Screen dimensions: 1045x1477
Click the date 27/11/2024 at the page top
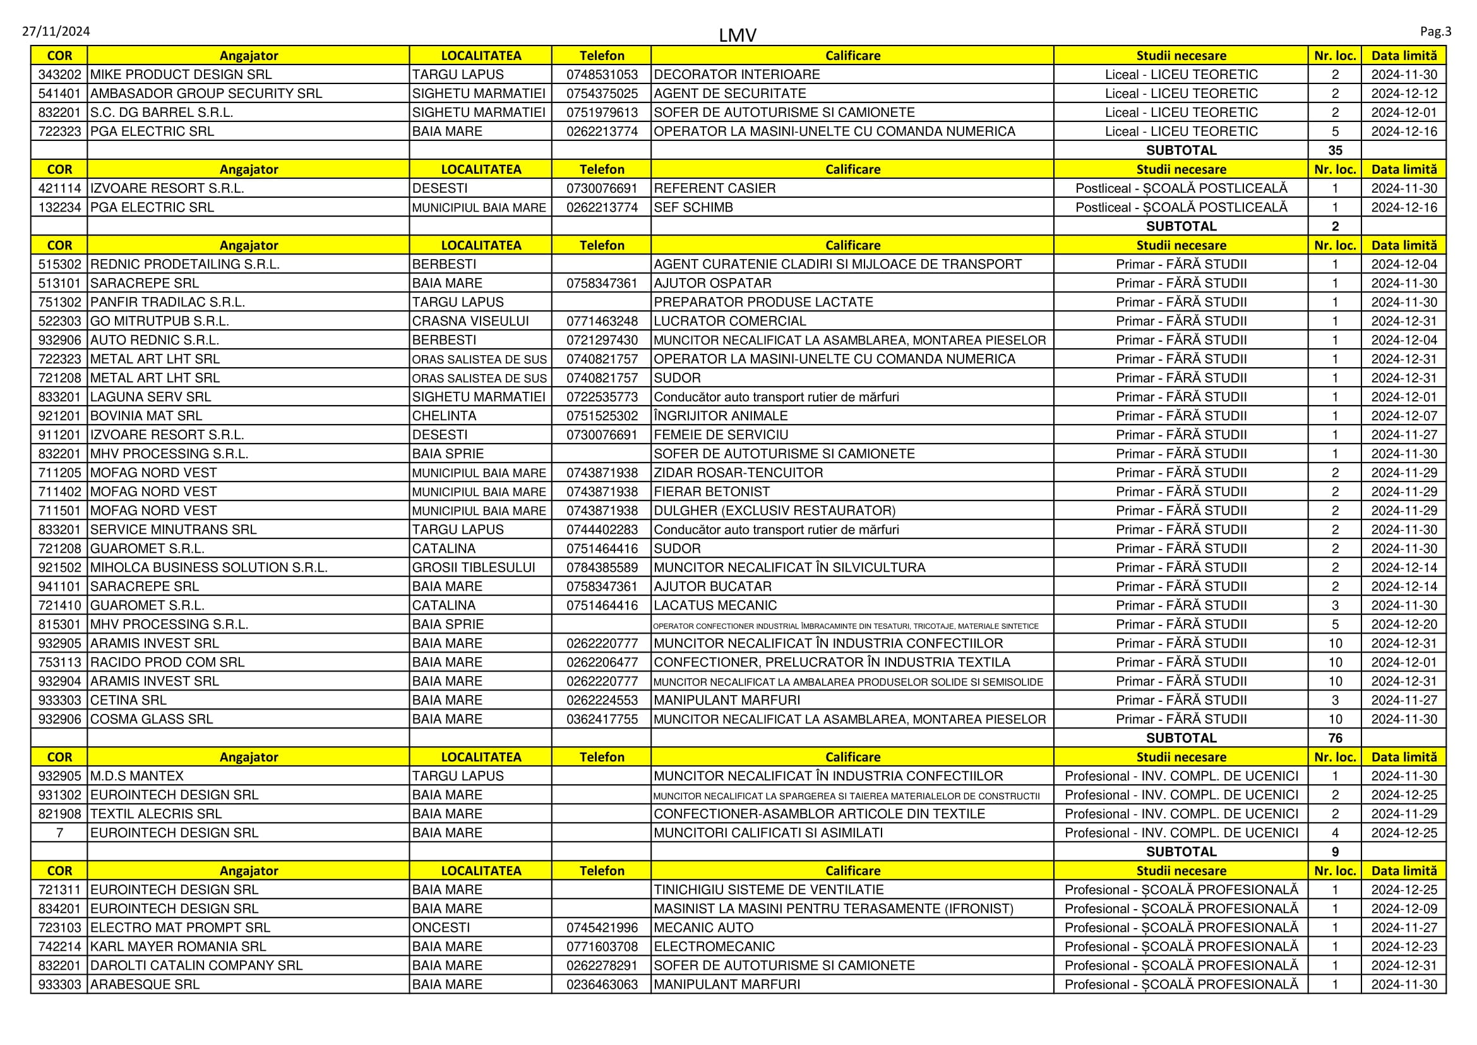(56, 32)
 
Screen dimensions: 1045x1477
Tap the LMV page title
(737, 35)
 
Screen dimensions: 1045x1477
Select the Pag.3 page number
(1435, 32)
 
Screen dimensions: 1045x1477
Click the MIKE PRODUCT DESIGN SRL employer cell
(181, 75)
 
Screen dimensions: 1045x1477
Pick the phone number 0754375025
(602, 94)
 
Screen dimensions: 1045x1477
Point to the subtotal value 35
(1335, 150)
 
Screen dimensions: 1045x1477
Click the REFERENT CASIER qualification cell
(715, 188)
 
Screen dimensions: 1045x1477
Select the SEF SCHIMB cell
(693, 207)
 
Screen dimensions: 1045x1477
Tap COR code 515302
(60, 265)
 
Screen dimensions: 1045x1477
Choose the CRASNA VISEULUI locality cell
(470, 321)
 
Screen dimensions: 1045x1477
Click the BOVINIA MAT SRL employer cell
(146, 416)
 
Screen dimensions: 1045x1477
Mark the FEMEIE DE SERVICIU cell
(721, 435)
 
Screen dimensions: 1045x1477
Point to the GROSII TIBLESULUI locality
(474, 567)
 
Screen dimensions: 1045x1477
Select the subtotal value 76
(1335, 738)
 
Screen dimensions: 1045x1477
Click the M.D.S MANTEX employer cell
(137, 776)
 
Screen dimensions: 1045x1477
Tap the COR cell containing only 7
(60, 833)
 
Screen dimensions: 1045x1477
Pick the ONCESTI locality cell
(441, 927)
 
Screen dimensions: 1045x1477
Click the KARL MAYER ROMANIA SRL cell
(178, 946)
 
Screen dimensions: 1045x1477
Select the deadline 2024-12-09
(1404, 909)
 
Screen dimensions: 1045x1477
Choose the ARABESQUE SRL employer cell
(145, 984)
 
